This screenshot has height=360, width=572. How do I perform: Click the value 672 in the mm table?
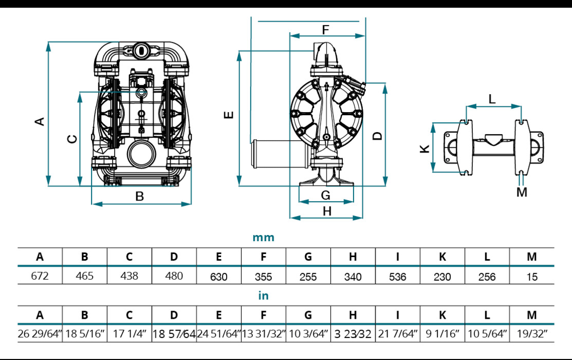click(x=40, y=276)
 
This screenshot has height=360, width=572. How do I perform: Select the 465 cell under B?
click(x=85, y=276)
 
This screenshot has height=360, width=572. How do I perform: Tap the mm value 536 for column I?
click(x=397, y=277)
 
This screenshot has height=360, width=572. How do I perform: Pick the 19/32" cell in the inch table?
click(x=532, y=334)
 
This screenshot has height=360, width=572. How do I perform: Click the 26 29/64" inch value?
click(x=40, y=334)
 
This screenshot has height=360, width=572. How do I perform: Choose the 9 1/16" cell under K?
click(x=442, y=334)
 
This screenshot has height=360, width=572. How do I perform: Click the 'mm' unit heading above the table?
click(x=264, y=238)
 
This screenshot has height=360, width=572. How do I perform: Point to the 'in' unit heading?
click(x=263, y=296)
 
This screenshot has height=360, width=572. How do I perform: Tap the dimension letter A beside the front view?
click(x=40, y=121)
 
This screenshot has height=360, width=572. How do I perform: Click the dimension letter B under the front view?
click(x=139, y=196)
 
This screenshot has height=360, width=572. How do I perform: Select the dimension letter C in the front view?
click(x=72, y=139)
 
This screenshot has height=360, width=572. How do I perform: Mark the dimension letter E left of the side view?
click(x=230, y=114)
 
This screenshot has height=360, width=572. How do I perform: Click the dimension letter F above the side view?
click(x=325, y=30)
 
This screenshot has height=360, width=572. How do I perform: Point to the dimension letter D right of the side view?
click(x=378, y=136)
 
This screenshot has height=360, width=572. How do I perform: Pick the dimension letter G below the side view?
click(x=326, y=195)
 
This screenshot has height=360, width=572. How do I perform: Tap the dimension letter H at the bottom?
click(x=327, y=211)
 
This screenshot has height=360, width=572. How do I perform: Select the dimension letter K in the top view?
click(x=425, y=149)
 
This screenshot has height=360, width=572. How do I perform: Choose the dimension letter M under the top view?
click(x=522, y=192)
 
